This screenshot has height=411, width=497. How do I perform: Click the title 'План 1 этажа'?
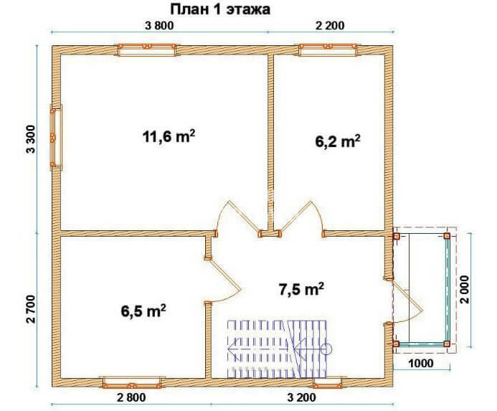coord(220,9)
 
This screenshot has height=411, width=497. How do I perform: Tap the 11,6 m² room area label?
coord(169,137)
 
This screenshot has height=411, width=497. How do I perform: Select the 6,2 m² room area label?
coord(338,141)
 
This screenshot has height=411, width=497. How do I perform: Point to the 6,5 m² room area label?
coord(143,311)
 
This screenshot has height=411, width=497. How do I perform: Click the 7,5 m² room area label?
coord(301,289)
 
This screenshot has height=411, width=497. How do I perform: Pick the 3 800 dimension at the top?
coord(159,25)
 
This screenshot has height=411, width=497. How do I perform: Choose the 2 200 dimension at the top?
coord(330,25)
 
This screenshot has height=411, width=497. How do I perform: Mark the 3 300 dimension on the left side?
coord(31,139)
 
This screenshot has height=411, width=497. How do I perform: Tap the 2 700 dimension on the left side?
coord(31,309)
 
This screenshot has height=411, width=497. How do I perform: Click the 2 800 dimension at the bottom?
coord(131,397)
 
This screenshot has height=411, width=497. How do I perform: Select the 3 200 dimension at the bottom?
coord(302,397)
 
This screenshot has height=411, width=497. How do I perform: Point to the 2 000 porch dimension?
coord(465,290)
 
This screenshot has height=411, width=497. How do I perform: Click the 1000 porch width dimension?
coord(420,363)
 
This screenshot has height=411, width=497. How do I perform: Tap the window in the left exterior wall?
coord(56,138)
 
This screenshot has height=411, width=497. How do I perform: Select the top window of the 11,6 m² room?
coord(147,50)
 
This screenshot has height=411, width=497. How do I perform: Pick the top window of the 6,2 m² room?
coord(328,50)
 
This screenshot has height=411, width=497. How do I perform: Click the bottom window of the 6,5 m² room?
coord(132,382)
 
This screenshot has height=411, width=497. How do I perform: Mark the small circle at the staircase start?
coord(326,349)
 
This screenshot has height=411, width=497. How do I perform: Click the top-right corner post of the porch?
coord(447,236)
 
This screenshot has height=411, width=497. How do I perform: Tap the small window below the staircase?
coord(328,383)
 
